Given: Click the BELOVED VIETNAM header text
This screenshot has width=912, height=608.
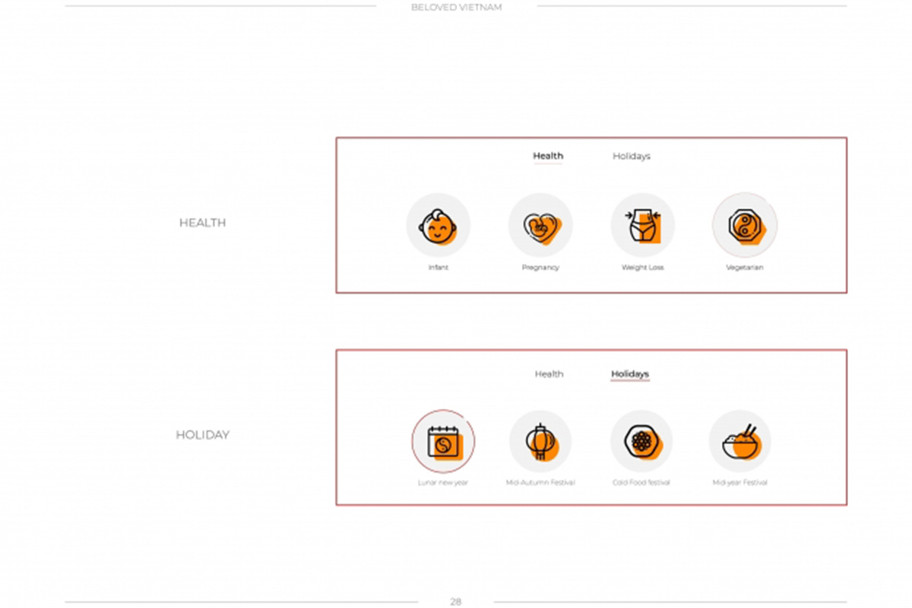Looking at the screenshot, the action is point(457,8).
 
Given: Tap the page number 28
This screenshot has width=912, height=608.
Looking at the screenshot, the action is point(455,601).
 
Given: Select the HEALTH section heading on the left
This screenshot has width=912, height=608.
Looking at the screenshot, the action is point(202,223).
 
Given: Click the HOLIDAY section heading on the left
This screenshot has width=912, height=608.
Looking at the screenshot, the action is point(202,435).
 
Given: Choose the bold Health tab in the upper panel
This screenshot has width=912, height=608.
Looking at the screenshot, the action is point(548,156).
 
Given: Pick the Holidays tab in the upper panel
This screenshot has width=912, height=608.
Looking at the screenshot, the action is point(632,157).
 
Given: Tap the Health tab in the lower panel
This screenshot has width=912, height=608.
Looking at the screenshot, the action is point(549,374).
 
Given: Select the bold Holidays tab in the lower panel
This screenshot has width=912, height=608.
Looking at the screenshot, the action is point(630,374).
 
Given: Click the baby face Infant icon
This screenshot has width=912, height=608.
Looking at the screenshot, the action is point(438,226).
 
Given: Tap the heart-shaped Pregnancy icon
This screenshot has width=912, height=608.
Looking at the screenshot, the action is point(542,228).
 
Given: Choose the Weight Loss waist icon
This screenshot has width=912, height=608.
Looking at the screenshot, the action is point(643,226).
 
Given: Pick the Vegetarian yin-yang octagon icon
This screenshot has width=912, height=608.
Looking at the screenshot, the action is point(746,226).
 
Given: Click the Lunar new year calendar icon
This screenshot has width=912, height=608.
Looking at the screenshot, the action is point(445,442).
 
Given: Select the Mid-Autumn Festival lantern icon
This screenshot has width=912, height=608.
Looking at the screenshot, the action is point(541,442).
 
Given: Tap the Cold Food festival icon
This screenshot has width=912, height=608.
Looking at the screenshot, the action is point(643,442).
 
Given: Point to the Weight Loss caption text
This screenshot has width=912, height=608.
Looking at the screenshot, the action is point(642,268).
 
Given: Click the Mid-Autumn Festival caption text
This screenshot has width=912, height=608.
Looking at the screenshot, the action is point(540,483).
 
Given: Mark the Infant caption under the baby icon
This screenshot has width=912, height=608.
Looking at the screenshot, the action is point(438,268).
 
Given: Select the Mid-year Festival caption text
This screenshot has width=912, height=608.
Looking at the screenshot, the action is point(739,483).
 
